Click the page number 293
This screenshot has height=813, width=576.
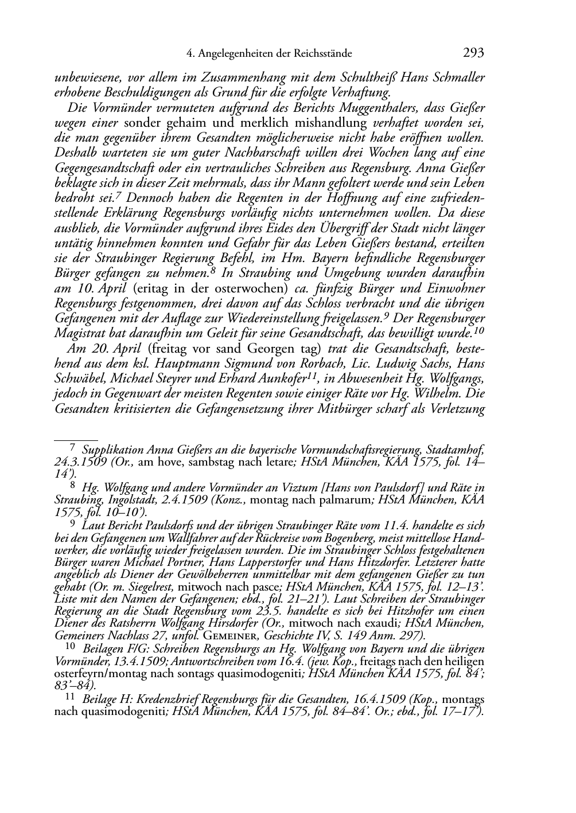click(473, 53)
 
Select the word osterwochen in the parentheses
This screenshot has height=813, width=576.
click(256, 288)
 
